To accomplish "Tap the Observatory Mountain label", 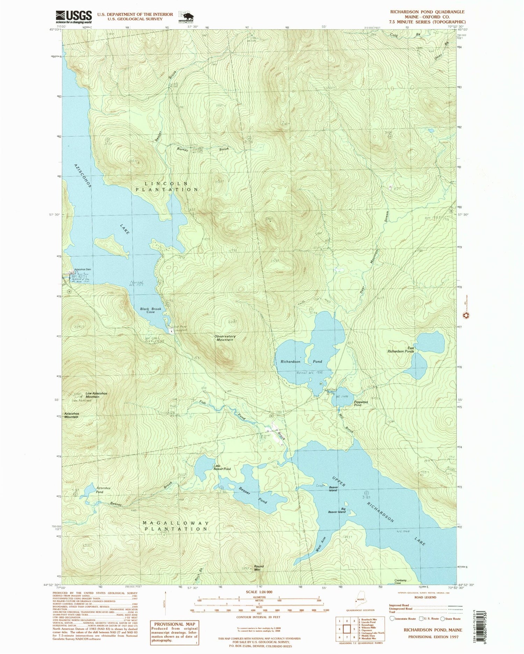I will tap(225, 338).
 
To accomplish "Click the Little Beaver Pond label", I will tap(222, 467).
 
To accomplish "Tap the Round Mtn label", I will tap(259, 568).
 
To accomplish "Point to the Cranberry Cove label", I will tap(400, 582).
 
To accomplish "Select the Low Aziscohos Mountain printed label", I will tap(96, 395).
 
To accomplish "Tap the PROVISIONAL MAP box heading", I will tap(174, 624).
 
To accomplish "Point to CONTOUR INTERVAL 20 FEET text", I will tap(258, 617).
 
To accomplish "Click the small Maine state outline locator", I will tap(360, 599).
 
